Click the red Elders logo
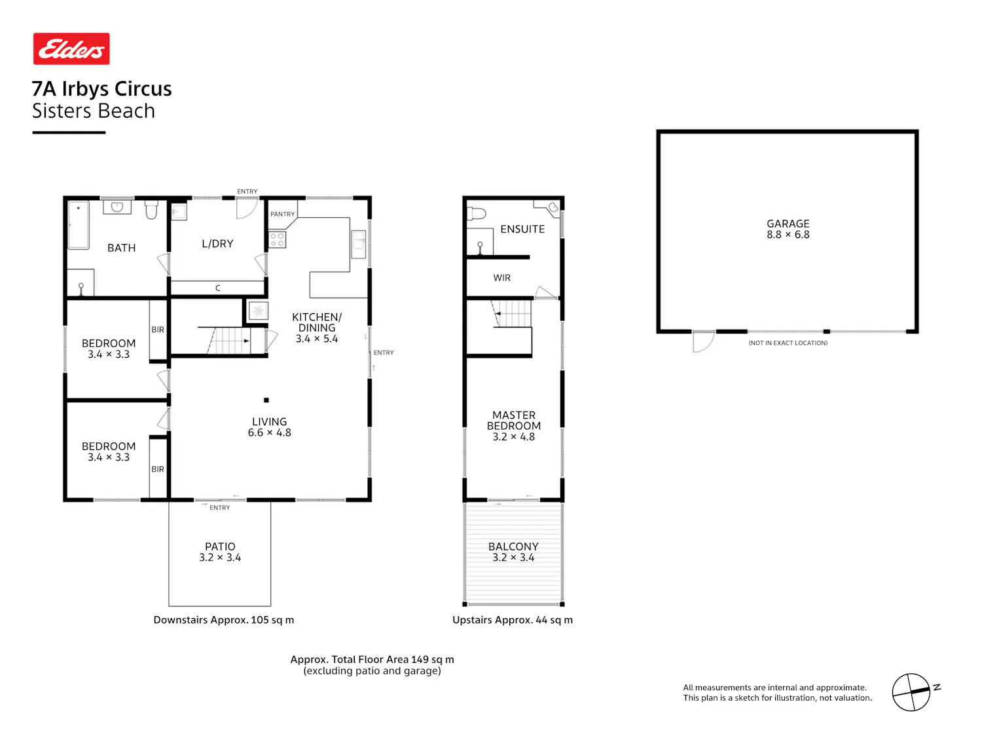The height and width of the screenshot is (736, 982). click(71, 48)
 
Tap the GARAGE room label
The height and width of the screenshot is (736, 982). click(788, 224)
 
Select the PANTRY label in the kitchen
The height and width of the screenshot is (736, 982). click(282, 214)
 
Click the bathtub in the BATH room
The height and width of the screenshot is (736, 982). click(79, 225)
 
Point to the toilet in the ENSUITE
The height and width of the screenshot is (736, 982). click(476, 214)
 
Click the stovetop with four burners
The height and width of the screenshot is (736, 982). click(277, 239)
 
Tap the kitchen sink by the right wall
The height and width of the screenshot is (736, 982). click(358, 244)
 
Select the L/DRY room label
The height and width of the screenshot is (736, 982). click(217, 243)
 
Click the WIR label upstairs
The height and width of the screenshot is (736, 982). click(501, 278)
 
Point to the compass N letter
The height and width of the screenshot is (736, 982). click(936, 688)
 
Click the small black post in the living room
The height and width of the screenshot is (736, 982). click(266, 400)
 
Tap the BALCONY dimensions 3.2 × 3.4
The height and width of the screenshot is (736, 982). click(513, 557)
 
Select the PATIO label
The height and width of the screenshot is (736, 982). click(220, 546)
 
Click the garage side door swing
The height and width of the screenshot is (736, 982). click(703, 342)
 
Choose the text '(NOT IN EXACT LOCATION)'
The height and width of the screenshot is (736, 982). click(788, 343)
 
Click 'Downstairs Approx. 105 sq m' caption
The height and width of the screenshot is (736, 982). click(224, 620)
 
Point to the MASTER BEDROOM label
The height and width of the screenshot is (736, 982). click(514, 421)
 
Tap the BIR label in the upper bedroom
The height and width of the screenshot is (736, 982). click(158, 330)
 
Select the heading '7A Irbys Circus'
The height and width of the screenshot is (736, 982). click(101, 89)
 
